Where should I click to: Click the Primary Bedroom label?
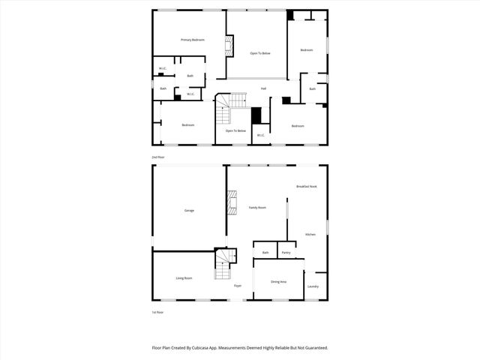tap(192, 39)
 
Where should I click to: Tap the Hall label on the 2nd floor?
tap(263, 89)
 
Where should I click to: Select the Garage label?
tap(189, 210)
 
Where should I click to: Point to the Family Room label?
tap(257, 207)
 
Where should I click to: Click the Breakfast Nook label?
tap(306, 186)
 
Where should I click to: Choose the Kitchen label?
tap(310, 234)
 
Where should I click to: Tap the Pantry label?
tap(286, 253)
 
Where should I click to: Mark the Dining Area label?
tap(278, 281)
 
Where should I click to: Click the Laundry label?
tap(313, 286)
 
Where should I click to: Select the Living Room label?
tap(184, 278)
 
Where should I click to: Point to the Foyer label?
tap(237, 286)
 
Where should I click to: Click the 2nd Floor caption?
tap(157, 157)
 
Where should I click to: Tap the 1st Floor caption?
tap(157, 312)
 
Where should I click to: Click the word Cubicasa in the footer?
tap(198, 347)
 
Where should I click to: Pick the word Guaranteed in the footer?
tap(313, 347)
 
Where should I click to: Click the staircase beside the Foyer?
tap(223, 263)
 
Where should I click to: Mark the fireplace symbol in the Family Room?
tap(232, 202)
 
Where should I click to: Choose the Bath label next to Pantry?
tap(265, 253)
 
